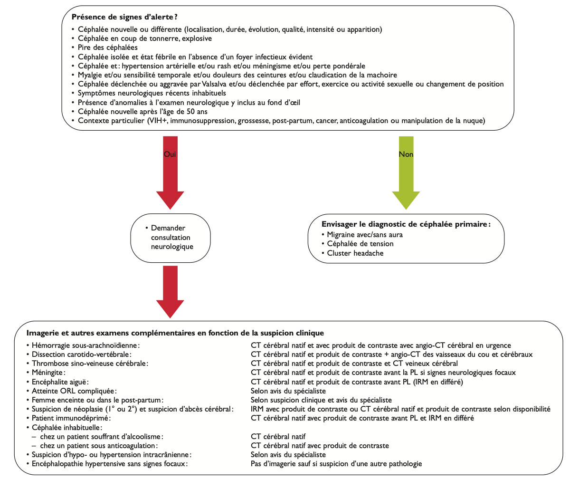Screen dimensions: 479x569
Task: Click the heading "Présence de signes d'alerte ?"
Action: pos(124,17)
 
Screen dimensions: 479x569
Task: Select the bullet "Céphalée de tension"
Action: pos(360,244)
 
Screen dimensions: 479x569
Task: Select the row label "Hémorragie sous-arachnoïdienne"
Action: pos(86,345)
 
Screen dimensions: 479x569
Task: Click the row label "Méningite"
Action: pos(48,373)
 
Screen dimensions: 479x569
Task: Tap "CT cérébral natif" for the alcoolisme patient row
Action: pos(278,436)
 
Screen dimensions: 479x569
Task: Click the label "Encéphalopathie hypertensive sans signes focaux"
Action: pos(109,463)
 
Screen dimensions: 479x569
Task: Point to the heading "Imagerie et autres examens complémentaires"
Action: pos(176,333)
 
